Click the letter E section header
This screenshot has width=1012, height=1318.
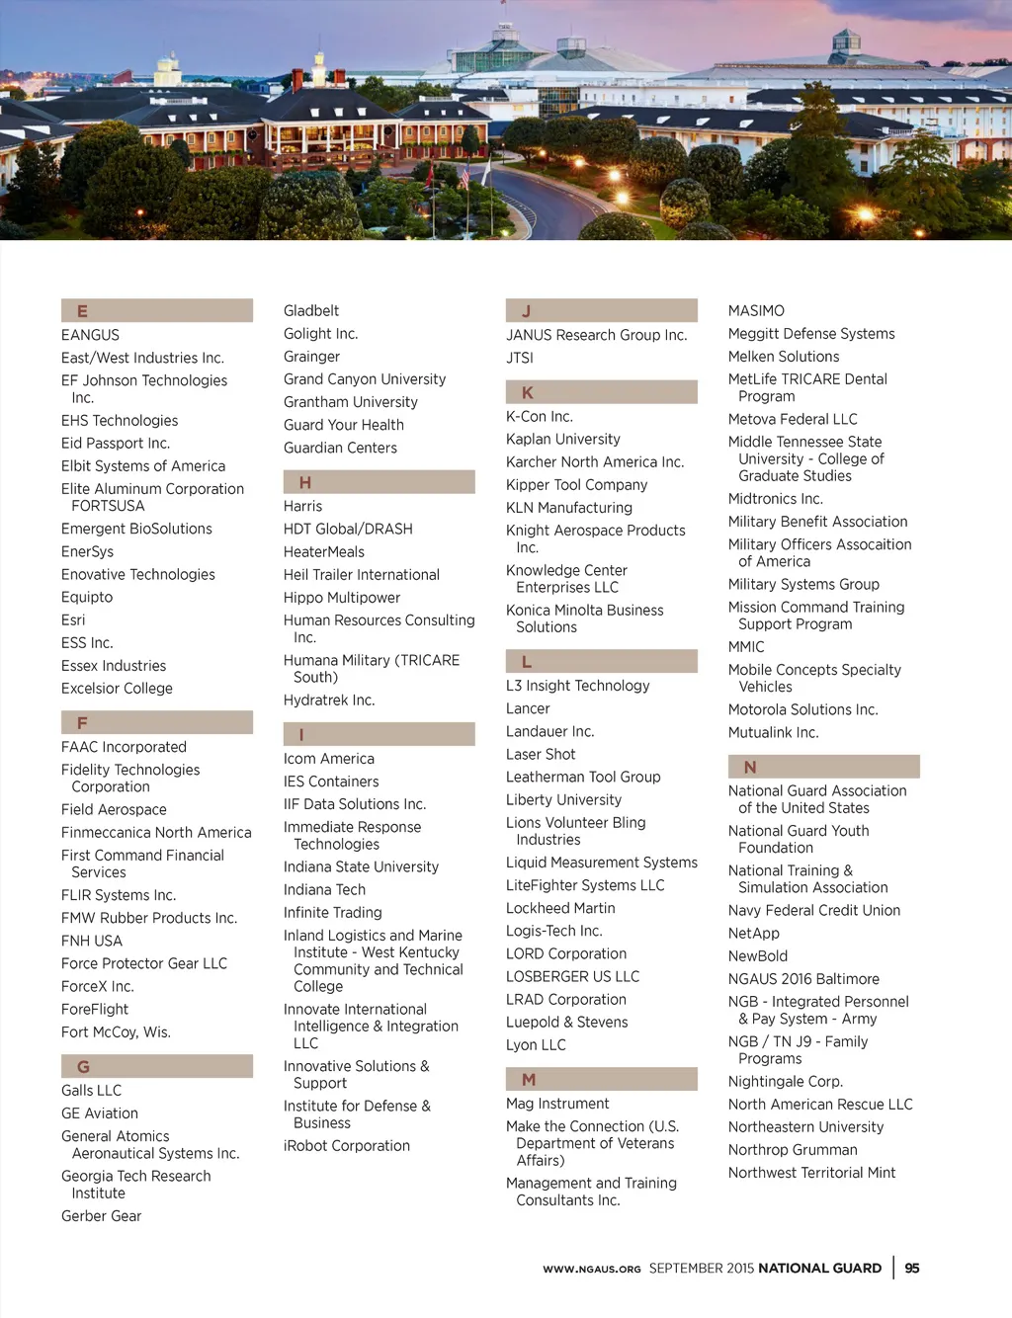pyautogui.click(x=156, y=310)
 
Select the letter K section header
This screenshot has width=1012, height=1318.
pyautogui.click(x=601, y=392)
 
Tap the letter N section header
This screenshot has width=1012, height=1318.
pyautogui.click(x=823, y=767)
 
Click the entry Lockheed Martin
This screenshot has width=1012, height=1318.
pyautogui.click(x=560, y=908)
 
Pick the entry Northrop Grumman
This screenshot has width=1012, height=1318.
pyautogui.click(x=793, y=1150)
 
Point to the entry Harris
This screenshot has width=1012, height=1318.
pyautogui.click(x=302, y=506)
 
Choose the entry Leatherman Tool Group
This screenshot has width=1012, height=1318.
pyautogui.click(x=583, y=778)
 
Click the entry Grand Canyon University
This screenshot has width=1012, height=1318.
pyautogui.click(x=365, y=379)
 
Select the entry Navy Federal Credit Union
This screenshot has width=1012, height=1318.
pyautogui.click(x=814, y=911)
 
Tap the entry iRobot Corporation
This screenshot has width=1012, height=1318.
pyautogui.click(x=347, y=1146)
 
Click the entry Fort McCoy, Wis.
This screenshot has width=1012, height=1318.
pyautogui.click(x=116, y=1032)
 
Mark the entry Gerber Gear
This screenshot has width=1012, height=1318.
pyautogui.click(x=101, y=1216)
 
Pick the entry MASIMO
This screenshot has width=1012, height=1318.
pyautogui.click(x=756, y=311)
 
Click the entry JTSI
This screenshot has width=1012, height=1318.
pyautogui.click(x=520, y=358)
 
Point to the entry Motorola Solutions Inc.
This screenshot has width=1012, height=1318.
pyautogui.click(x=802, y=710)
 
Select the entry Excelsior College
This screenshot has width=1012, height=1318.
pyautogui.click(x=117, y=689)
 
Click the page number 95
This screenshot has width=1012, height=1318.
pyautogui.click(x=912, y=1269)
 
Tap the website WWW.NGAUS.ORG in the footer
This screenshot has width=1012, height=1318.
pyautogui.click(x=591, y=1270)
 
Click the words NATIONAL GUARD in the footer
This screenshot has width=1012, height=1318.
pyautogui.click(x=819, y=1269)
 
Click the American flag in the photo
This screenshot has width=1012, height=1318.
pyautogui.click(x=464, y=178)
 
